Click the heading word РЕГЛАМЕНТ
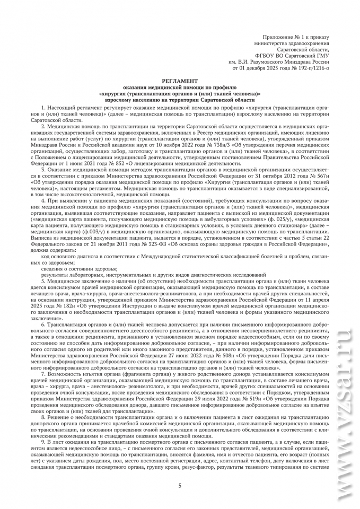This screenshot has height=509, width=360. tap(180, 80)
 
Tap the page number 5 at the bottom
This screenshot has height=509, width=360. tap(180, 486)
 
